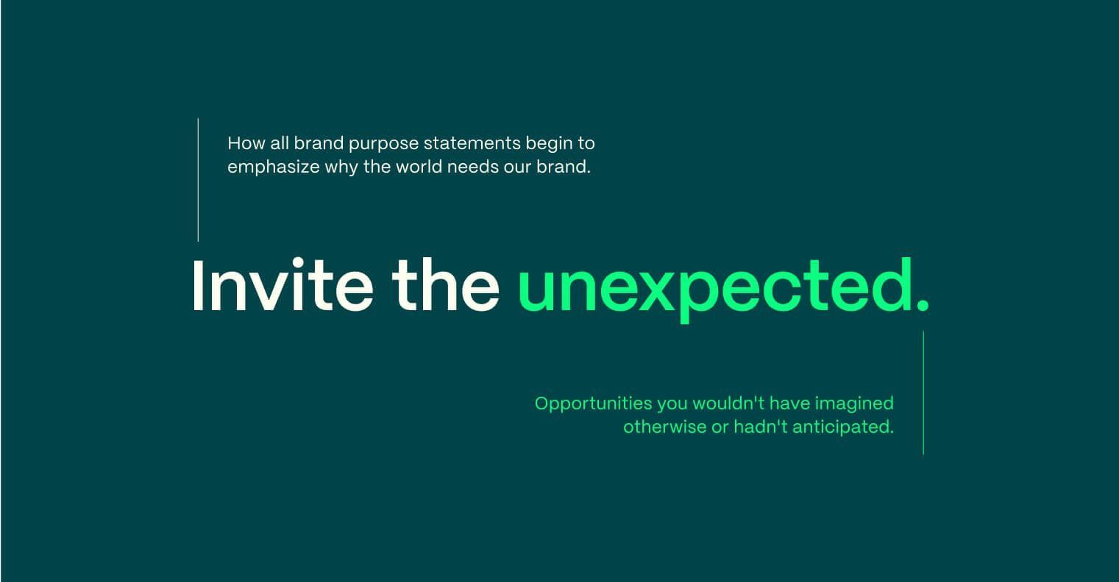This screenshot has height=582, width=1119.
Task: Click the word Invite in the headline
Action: pos(283,286)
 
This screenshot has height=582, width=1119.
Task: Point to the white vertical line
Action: pos(199,180)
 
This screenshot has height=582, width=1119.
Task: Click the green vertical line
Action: pos(923,393)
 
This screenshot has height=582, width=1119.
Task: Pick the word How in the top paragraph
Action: pos(246,143)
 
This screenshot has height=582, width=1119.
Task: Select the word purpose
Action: pos(383,145)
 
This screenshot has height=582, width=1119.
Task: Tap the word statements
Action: pos(472,143)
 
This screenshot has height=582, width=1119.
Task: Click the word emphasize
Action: pos(273,168)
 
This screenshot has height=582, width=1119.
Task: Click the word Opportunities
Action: pos(594,404)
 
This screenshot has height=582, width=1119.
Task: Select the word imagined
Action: pos(854,404)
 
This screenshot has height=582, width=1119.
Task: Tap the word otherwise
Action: pos(664,427)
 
